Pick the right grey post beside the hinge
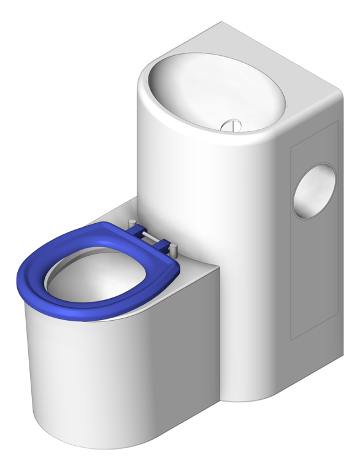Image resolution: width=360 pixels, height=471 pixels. [x=174, y=250]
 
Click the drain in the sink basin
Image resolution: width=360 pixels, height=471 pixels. [x=232, y=125]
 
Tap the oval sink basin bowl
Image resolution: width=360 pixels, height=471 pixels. [x=209, y=92]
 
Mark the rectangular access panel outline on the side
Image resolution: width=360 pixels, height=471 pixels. [x=291, y=245]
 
